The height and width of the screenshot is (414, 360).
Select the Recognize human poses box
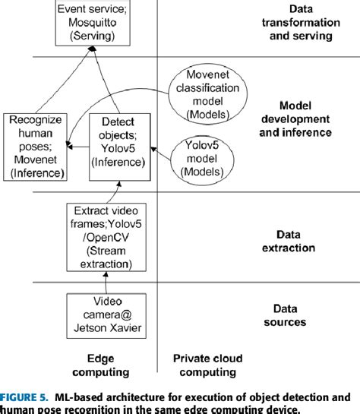[36, 147]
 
